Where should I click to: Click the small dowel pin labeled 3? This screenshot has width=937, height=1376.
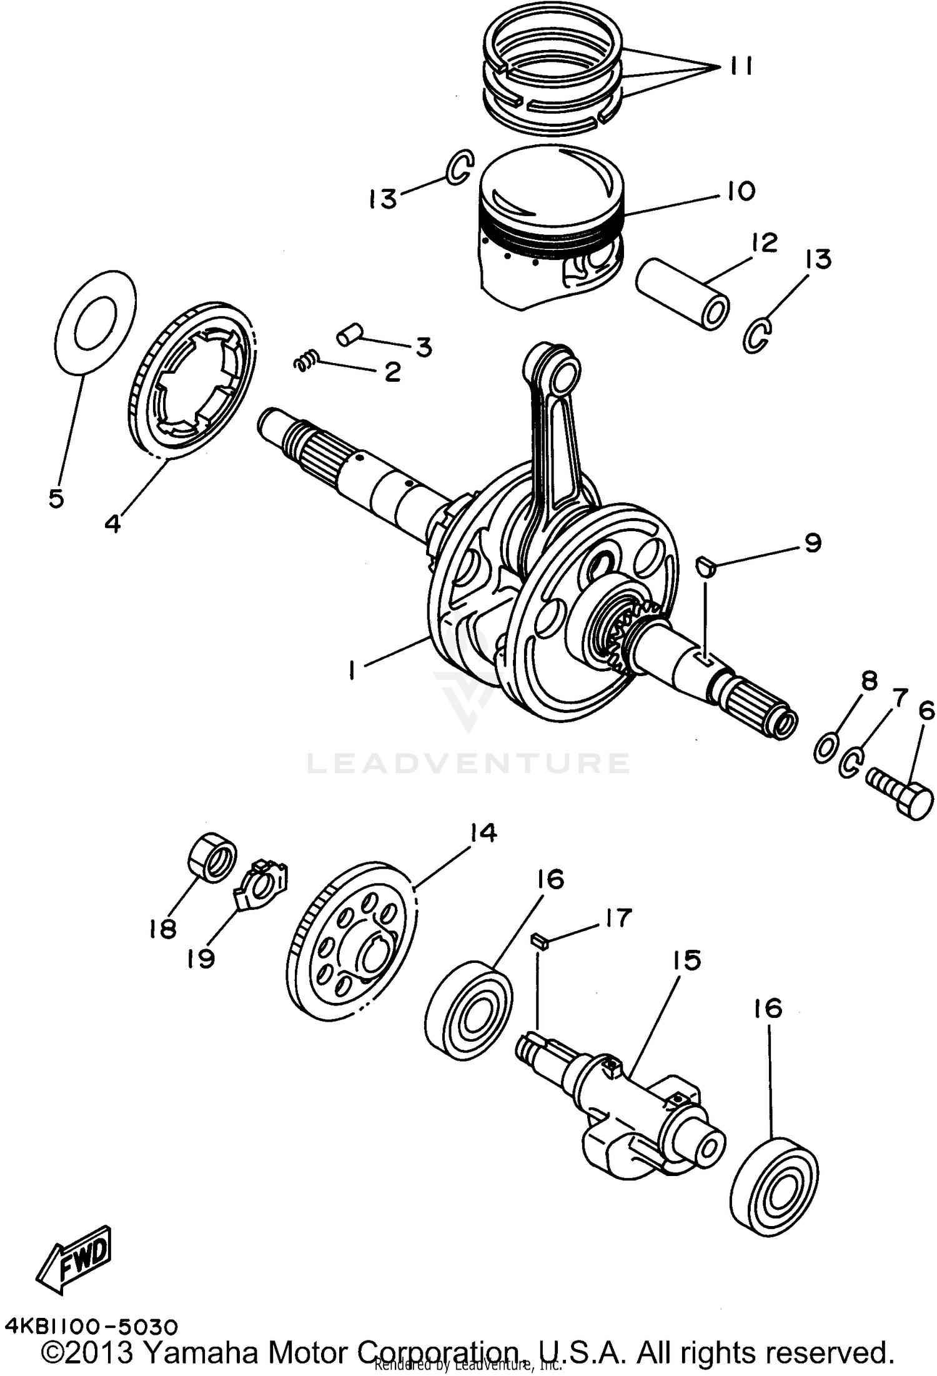click(350, 334)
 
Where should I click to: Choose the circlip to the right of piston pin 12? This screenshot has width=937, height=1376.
click(759, 335)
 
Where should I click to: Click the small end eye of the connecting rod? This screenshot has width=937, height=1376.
click(558, 370)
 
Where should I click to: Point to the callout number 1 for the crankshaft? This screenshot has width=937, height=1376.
click(354, 672)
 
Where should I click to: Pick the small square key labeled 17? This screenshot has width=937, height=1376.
click(539, 942)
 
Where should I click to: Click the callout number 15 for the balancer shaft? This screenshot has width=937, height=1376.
click(687, 960)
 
